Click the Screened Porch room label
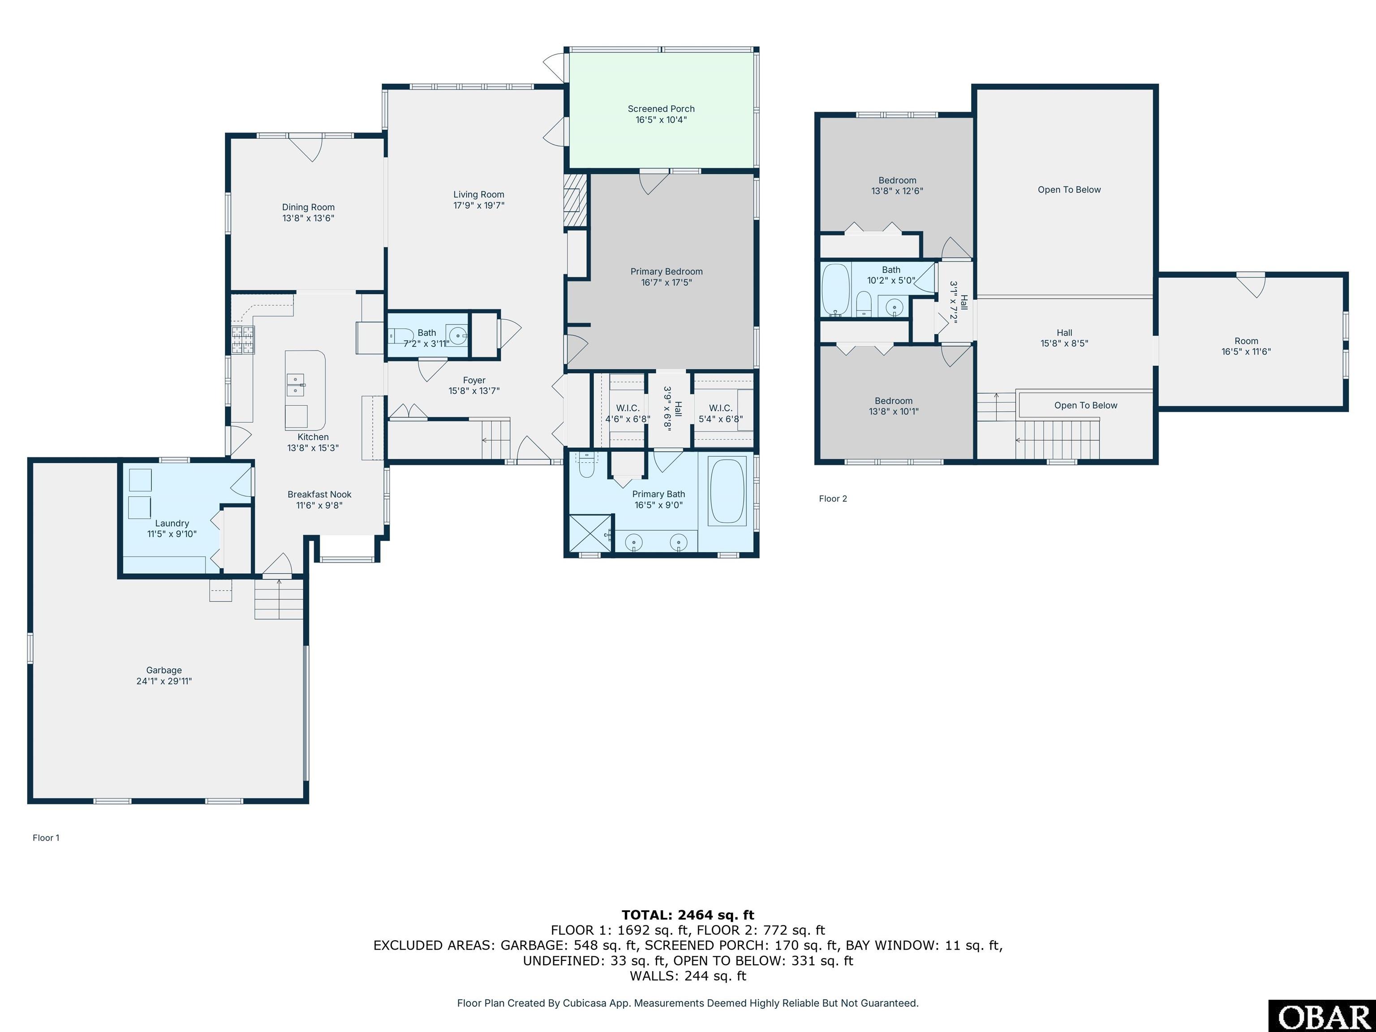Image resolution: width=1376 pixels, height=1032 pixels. click(661, 109)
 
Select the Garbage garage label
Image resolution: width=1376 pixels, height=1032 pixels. click(163, 670)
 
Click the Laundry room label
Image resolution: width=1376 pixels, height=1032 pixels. click(172, 523)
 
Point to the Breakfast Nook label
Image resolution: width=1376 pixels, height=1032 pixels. click(319, 494)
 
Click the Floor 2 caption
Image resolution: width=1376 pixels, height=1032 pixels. click(832, 498)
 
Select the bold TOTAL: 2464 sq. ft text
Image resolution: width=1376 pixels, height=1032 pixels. click(688, 915)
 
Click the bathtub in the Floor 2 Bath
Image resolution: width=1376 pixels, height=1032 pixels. click(835, 289)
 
